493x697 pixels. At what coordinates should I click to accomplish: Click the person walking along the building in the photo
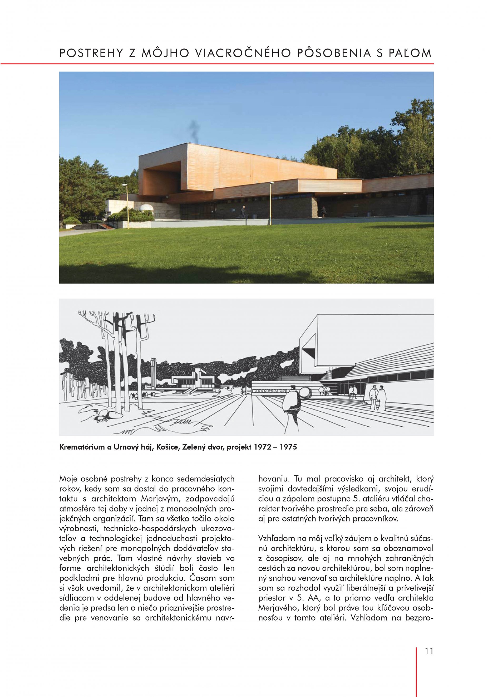click(243, 211)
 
